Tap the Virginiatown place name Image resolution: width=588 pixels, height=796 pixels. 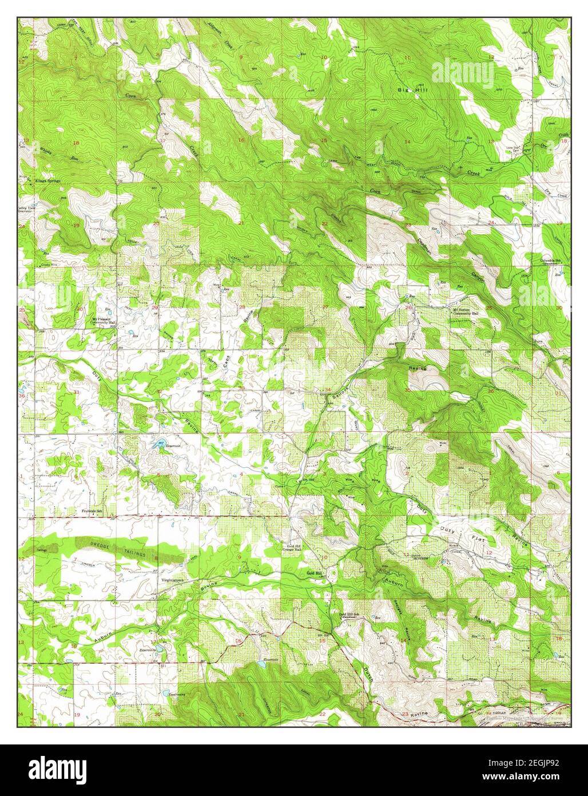172,579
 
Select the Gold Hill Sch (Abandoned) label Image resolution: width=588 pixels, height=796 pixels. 349,616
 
